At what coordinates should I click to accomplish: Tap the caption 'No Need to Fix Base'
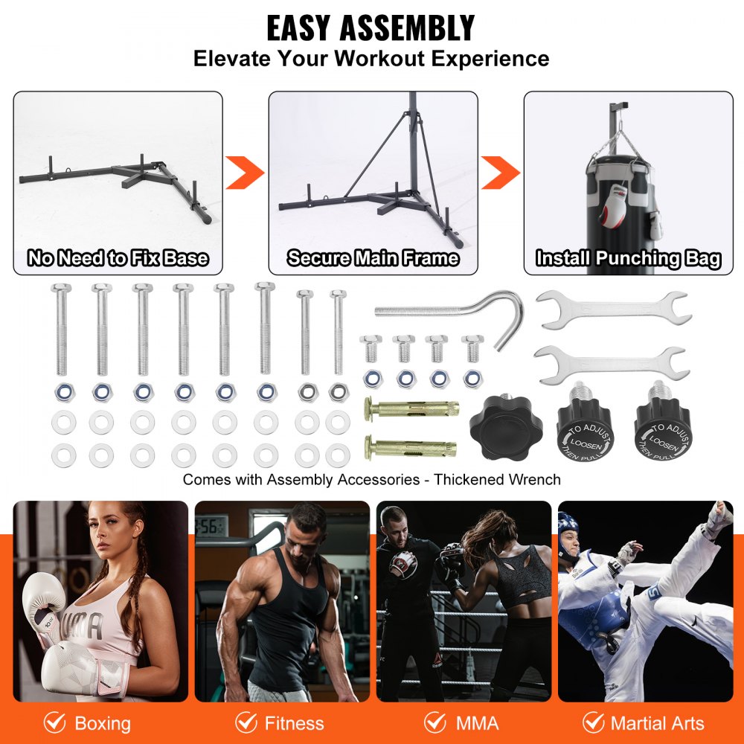(x=118, y=259)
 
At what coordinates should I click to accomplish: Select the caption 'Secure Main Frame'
(x=373, y=259)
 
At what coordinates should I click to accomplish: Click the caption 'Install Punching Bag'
(x=629, y=259)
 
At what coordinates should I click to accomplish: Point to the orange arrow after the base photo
(x=246, y=173)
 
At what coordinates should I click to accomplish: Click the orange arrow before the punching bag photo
(x=501, y=173)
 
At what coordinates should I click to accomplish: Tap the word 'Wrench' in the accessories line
(x=534, y=480)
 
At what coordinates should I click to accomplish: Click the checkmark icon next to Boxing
(x=54, y=722)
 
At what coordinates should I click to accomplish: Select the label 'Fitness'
(x=294, y=723)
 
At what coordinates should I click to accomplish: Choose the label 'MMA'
(x=476, y=723)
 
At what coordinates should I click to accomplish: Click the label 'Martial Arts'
(x=657, y=723)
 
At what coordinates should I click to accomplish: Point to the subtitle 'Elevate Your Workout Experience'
(x=371, y=59)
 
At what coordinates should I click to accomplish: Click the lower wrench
(x=609, y=364)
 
